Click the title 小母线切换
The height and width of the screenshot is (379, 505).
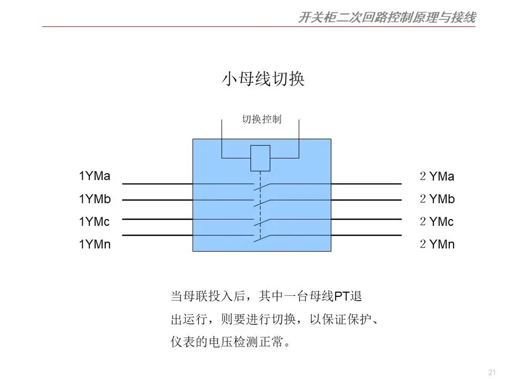[x=262, y=79]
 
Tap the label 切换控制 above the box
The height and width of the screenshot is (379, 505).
[x=261, y=119]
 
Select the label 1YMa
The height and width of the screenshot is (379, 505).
[x=95, y=176]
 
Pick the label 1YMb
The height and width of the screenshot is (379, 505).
[x=95, y=198]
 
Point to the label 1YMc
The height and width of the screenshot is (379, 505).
[x=94, y=222]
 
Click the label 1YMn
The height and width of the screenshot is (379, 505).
[x=95, y=244]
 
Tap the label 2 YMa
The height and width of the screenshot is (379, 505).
[x=437, y=176]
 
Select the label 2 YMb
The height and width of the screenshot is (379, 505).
[x=437, y=199]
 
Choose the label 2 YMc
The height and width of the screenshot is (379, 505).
[x=437, y=222]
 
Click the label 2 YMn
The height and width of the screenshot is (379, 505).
[x=437, y=244]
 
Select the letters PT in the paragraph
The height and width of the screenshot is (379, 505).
[x=342, y=296]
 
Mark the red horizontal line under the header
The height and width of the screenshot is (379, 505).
[x=252, y=27]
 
